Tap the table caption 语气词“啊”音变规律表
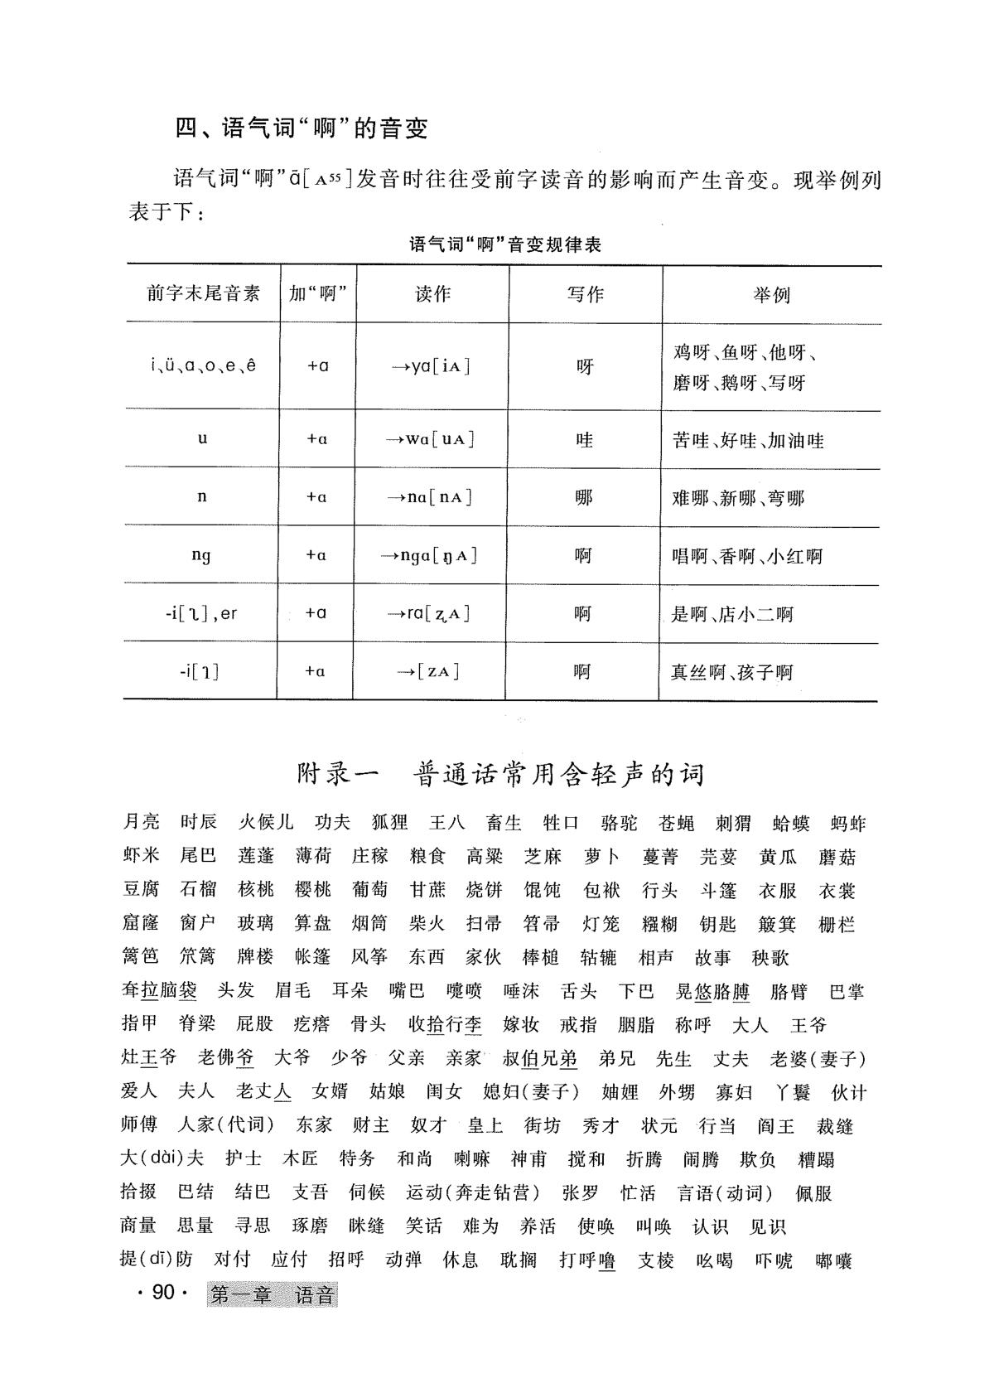pyautogui.click(x=505, y=245)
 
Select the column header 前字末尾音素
pyautogui.click(x=204, y=293)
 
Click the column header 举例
pyautogui.click(x=771, y=295)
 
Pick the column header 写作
pyautogui.click(x=585, y=294)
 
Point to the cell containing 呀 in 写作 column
pyautogui.click(x=585, y=366)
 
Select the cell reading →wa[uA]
pyautogui.click(x=431, y=440)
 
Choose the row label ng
pyautogui.click(x=201, y=555)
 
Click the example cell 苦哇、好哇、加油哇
pyautogui.click(x=748, y=441)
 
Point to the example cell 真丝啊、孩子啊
pyautogui.click(x=731, y=672)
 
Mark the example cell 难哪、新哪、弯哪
pyautogui.click(x=738, y=499)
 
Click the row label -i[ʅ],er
pyautogui.click(x=201, y=614)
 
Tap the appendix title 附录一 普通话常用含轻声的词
pyautogui.click(x=500, y=774)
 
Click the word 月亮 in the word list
pyautogui.click(x=141, y=823)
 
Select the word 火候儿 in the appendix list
pyautogui.click(x=266, y=823)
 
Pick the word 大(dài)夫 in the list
pyautogui.click(x=162, y=1158)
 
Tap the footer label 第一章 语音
pyautogui.click(x=273, y=1294)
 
